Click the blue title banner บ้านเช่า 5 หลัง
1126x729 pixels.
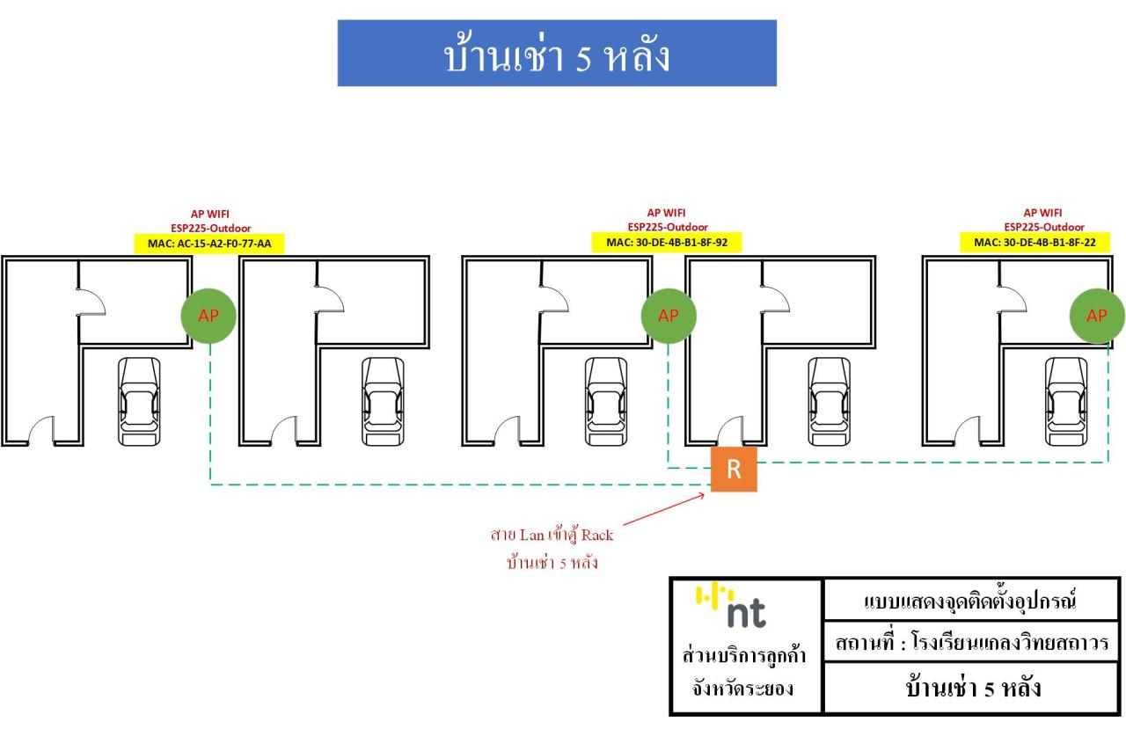[557, 54]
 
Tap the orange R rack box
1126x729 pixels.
[734, 469]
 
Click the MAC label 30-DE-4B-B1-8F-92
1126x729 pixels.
[666, 243]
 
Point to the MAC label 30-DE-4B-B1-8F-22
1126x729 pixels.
[1034, 243]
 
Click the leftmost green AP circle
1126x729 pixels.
[208, 317]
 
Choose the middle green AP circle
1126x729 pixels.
[669, 317]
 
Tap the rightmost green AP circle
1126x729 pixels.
[1097, 317]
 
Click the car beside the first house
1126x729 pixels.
[140, 400]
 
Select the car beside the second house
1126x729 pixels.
[383, 400]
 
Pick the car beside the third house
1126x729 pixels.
[606, 400]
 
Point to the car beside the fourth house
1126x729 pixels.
[830, 400]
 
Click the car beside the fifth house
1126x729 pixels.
[1066, 400]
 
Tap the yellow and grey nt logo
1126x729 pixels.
[732, 606]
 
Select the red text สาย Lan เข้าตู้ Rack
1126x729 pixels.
[552, 535]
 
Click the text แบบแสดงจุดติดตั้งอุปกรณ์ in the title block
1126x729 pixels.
[971, 601]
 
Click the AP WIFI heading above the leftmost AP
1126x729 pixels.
[209, 214]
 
